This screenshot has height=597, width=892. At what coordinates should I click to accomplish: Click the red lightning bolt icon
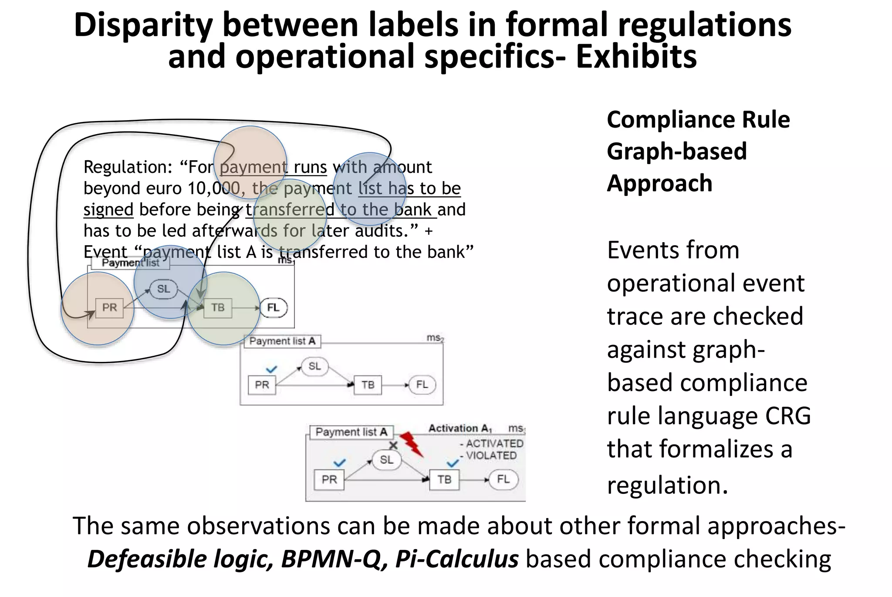(x=411, y=444)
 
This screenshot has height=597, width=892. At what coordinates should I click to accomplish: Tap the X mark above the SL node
(x=393, y=445)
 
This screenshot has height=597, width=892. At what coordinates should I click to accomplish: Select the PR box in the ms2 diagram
(x=262, y=385)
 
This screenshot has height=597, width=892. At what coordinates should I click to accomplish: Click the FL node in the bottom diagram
(x=503, y=479)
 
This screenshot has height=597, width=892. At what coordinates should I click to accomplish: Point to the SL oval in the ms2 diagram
(x=314, y=366)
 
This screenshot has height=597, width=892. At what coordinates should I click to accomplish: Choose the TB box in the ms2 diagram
(x=368, y=385)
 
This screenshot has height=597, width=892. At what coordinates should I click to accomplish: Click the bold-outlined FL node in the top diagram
(x=274, y=308)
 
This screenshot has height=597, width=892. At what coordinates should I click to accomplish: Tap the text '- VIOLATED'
(x=488, y=456)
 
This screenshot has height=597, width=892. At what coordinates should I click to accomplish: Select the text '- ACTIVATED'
(x=491, y=444)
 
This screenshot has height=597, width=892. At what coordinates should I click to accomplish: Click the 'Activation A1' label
(x=460, y=428)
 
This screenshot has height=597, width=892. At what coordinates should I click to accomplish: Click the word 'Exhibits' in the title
(x=636, y=57)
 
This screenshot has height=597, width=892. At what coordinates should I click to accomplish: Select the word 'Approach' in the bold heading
(x=659, y=183)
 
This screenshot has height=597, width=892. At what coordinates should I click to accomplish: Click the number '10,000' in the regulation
(x=214, y=189)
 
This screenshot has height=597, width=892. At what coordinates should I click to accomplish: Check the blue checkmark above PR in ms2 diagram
(x=271, y=370)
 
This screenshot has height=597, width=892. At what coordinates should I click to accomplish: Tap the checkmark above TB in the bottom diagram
(x=453, y=463)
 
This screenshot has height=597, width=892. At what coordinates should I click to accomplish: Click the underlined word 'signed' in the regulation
(x=108, y=210)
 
